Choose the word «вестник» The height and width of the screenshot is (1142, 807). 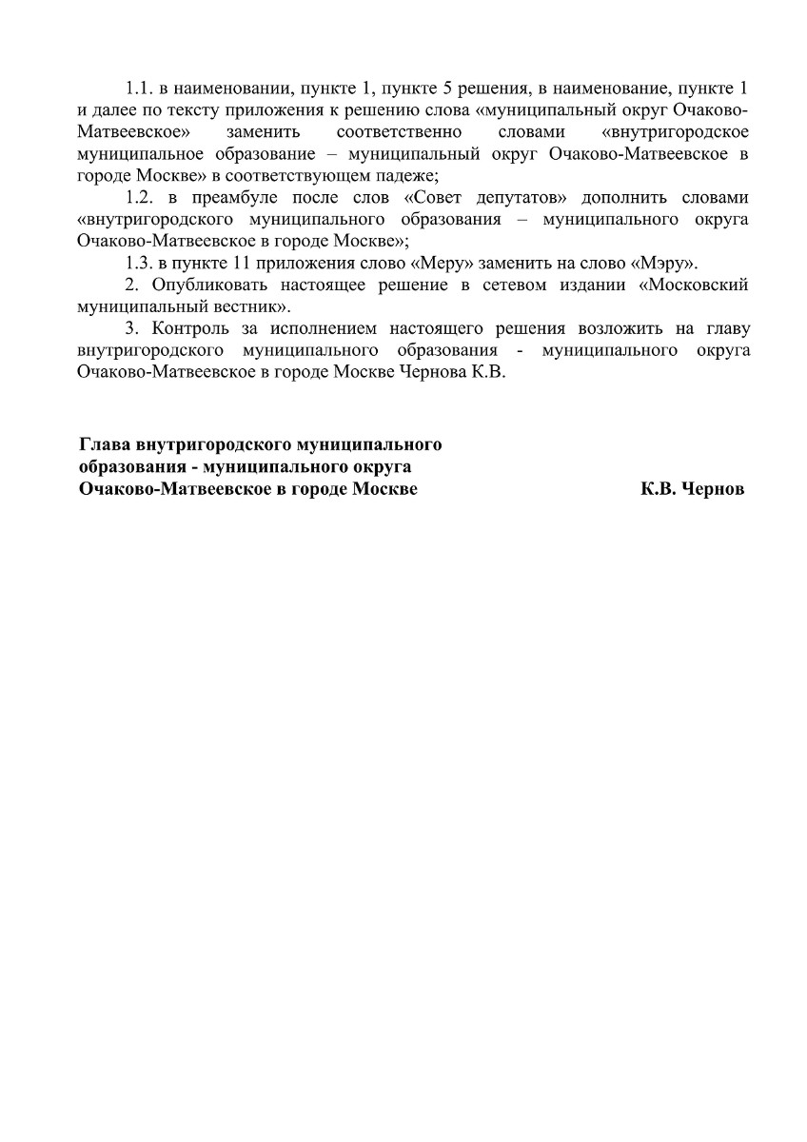[x=255, y=307]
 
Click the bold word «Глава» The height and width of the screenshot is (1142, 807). [x=104, y=444]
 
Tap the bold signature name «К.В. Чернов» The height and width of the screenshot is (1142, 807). [x=693, y=488]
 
